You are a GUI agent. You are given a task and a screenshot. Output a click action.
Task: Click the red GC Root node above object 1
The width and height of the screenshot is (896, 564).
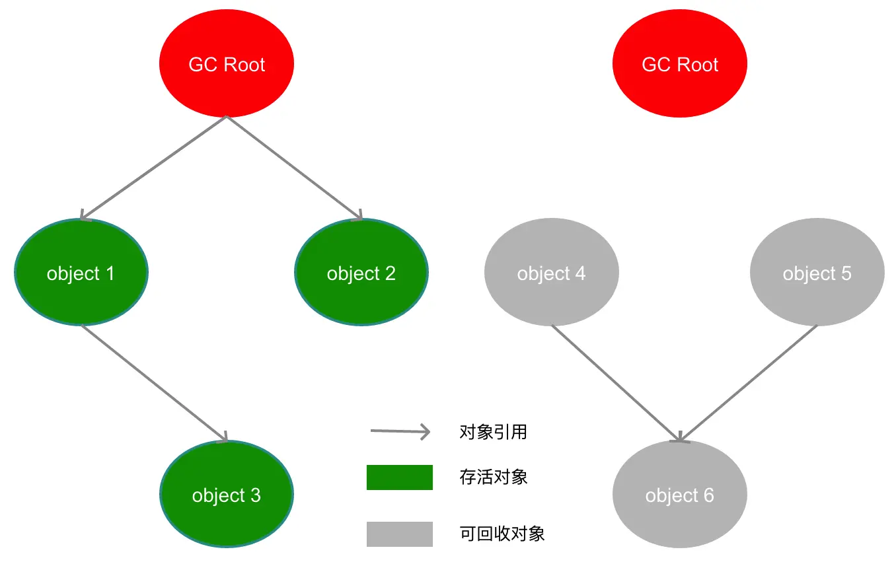[x=227, y=64]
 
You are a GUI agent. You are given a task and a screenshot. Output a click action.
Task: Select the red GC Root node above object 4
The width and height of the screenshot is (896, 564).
[x=680, y=64]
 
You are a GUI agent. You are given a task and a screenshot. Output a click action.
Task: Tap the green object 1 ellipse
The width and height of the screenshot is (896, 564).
[x=81, y=273]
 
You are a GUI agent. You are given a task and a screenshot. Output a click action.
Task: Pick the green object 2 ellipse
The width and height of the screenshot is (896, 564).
[x=361, y=273]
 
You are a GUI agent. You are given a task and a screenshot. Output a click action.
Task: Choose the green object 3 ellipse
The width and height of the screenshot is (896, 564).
[x=227, y=495]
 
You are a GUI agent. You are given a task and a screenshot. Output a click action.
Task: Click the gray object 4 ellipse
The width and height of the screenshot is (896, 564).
[x=552, y=273]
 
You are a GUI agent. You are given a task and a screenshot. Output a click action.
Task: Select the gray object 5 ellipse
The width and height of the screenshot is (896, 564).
[x=817, y=273]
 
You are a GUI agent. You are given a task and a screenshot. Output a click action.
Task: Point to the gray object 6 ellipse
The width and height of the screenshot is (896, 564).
[x=680, y=495]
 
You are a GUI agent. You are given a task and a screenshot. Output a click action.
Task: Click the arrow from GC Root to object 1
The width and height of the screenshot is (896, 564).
[x=153, y=168]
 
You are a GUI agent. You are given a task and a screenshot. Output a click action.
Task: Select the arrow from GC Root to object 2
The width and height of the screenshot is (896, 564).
[x=295, y=168]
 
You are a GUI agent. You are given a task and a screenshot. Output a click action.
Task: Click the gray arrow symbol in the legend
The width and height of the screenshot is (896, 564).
[x=400, y=432]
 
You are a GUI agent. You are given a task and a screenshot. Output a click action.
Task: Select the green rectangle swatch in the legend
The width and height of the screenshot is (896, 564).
[x=400, y=477]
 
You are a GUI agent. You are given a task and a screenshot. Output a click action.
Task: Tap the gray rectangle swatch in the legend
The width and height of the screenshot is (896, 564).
[x=400, y=534]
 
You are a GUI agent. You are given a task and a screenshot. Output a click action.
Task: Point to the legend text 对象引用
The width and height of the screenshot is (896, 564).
[x=493, y=432]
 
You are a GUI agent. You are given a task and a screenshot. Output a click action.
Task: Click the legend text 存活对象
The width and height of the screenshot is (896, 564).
[x=493, y=477]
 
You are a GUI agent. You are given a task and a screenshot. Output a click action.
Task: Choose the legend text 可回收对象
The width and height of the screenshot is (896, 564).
[x=502, y=534]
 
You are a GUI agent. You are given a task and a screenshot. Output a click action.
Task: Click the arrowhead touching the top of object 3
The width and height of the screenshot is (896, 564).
[x=224, y=438]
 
